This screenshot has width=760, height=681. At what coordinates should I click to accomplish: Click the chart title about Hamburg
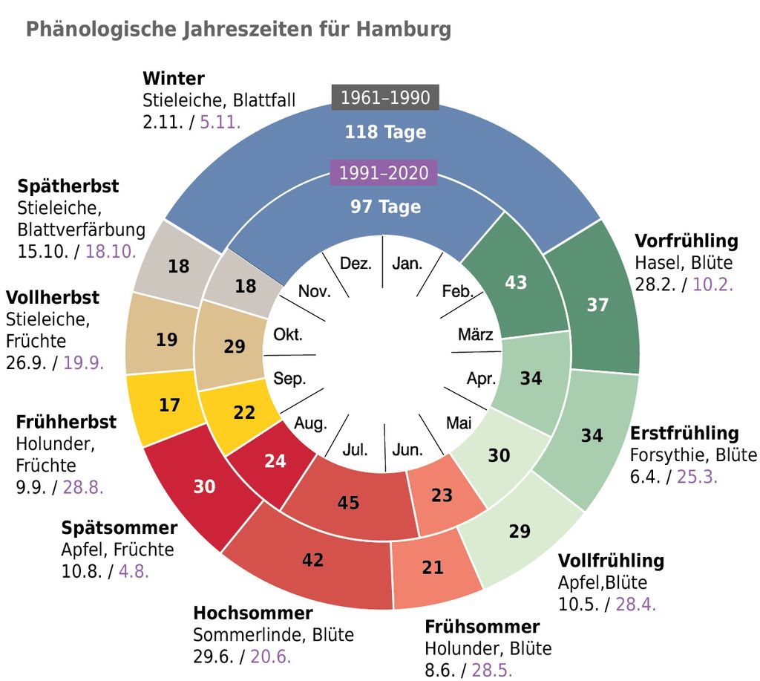pyautogui.click(x=238, y=30)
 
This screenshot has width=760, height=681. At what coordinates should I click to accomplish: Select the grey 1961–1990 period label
pyautogui.click(x=384, y=97)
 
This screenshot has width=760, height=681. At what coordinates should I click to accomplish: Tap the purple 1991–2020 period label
pyautogui.click(x=384, y=173)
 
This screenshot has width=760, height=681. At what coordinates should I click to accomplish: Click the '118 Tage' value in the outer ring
pyautogui.click(x=384, y=132)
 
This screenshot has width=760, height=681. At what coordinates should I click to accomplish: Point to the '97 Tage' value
pyautogui.click(x=385, y=206)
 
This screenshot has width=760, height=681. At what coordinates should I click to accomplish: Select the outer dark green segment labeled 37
pyautogui.click(x=597, y=304)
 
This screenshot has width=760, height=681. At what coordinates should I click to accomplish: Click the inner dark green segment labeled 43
pyautogui.click(x=515, y=283)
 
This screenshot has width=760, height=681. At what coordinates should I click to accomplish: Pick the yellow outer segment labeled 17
pyautogui.click(x=170, y=405)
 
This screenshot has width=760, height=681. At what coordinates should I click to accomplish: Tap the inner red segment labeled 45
pyautogui.click(x=348, y=503)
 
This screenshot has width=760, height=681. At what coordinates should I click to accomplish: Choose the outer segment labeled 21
pyautogui.click(x=433, y=568)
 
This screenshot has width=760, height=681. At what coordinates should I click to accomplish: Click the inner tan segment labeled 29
pyautogui.click(x=234, y=346)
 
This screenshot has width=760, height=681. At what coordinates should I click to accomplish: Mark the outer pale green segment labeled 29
pyautogui.click(x=520, y=531)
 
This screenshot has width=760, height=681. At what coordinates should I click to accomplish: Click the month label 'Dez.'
pyautogui.click(x=356, y=264)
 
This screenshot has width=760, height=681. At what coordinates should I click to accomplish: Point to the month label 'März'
pyautogui.click(x=475, y=334)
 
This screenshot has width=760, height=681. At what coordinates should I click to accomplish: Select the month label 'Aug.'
pyautogui.click(x=310, y=424)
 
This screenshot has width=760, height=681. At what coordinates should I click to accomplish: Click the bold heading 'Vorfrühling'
pyautogui.click(x=687, y=241)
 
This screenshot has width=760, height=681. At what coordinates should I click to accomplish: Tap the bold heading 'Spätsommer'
pyautogui.click(x=119, y=528)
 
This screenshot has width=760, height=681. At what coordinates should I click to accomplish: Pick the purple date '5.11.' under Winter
pyautogui.click(x=220, y=122)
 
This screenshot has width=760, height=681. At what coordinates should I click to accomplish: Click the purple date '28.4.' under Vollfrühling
pyautogui.click(x=635, y=604)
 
